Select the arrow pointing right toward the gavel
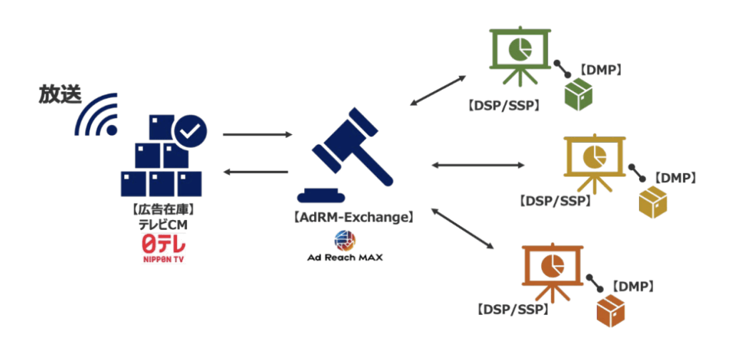pos(257,134)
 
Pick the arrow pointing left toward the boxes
pos(257,171)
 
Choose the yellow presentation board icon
pos(594,159)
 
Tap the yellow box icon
pos(653,202)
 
